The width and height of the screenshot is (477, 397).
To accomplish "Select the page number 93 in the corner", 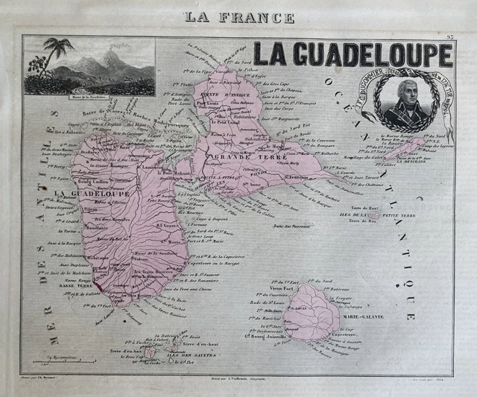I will pos(449,36).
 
